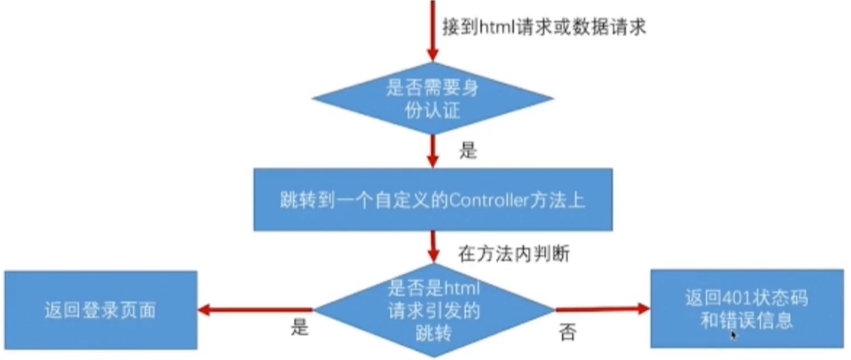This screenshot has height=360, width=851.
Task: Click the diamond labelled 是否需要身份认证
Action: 433,99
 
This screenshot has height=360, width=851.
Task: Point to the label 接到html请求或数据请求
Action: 546,27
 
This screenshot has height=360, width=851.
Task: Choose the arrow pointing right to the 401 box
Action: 603,309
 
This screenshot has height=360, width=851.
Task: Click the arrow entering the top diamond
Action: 433,36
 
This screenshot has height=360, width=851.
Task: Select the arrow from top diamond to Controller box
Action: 433,148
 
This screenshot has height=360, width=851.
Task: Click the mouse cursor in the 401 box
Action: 734,335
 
